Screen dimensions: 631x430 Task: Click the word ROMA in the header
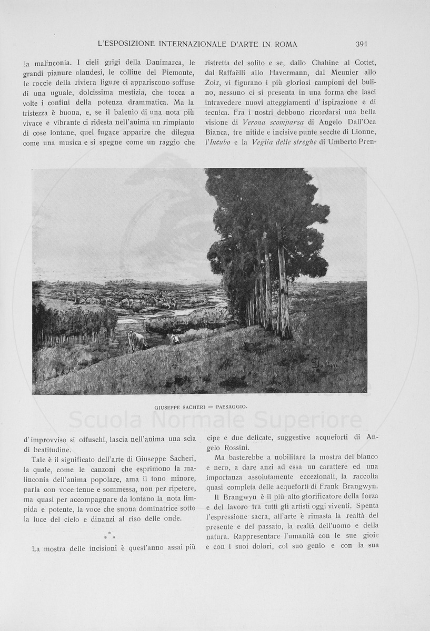point(284,44)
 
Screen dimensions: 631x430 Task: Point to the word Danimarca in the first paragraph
point(162,63)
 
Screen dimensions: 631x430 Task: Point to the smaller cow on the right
point(174,339)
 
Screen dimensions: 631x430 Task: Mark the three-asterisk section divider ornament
point(109,536)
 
